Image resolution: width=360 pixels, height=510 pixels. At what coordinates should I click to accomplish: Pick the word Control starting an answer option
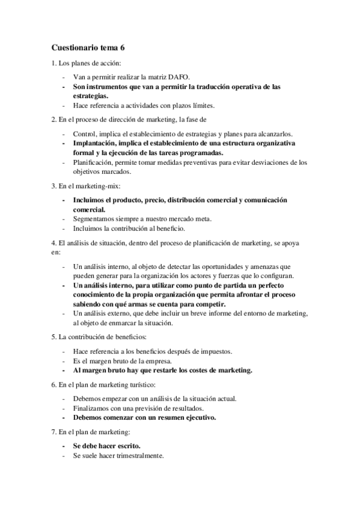click(84, 134)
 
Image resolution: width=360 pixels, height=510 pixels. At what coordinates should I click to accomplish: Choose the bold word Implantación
click(97, 144)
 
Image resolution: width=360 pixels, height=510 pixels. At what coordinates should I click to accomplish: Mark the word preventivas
click(181, 162)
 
